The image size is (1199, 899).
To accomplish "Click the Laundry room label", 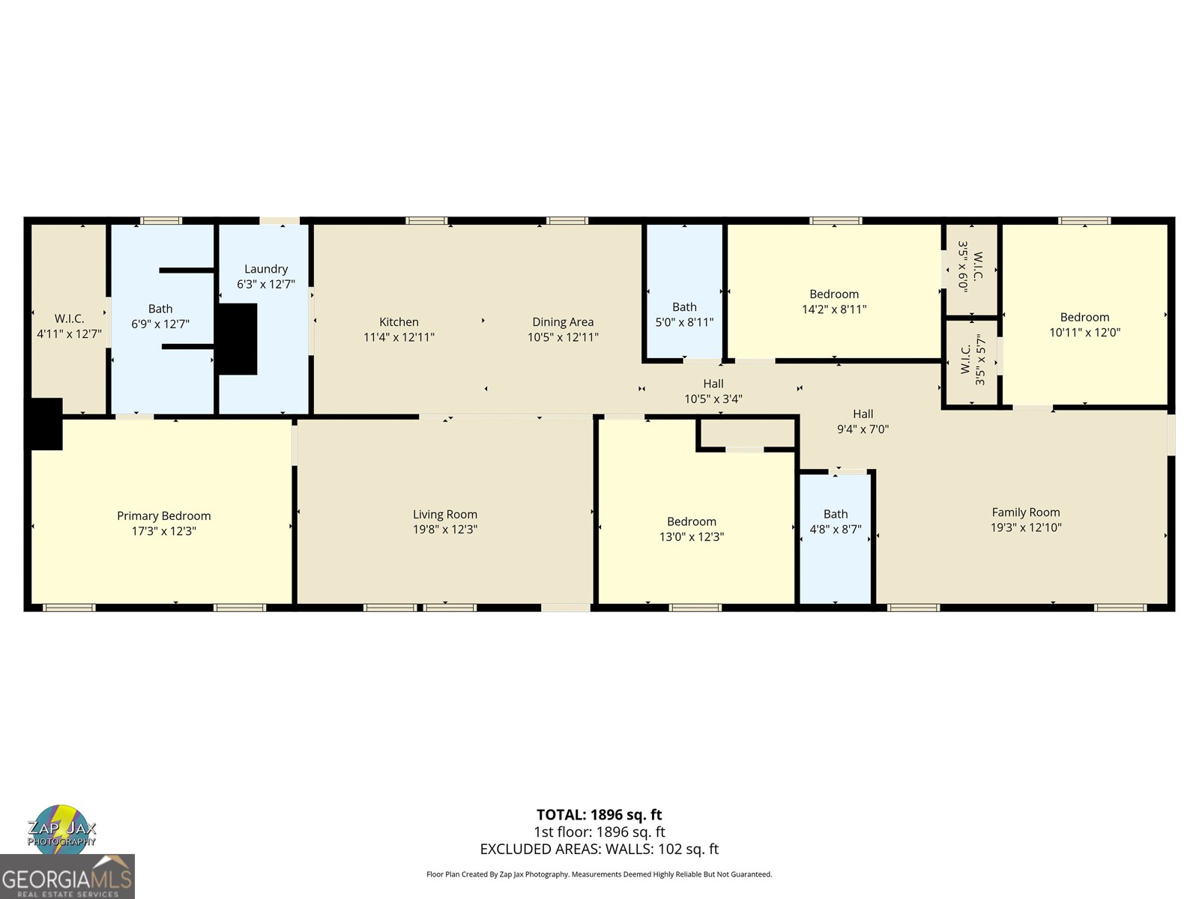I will (266, 269).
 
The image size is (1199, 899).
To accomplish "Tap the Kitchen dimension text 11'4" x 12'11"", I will (399, 338).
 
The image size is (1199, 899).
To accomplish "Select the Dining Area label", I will (563, 322).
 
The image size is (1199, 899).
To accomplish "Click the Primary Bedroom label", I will (163, 515).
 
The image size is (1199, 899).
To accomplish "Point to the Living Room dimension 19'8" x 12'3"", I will (445, 530).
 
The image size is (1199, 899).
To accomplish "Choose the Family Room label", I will (1025, 512).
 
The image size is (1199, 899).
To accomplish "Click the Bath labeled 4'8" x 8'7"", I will (836, 521).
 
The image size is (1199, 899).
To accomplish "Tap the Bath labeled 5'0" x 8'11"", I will (684, 314).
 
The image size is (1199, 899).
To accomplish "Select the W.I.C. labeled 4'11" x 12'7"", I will (69, 326).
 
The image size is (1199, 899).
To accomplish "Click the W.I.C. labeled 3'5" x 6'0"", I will (971, 267).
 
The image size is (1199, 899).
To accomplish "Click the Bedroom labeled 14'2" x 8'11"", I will (834, 301).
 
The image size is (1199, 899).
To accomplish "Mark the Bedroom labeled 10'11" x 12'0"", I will (1084, 324).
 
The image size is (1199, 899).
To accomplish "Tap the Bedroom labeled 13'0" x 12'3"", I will (691, 529).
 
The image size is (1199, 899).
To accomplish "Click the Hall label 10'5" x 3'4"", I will (713, 391).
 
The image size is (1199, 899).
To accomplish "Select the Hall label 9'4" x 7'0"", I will (863, 421).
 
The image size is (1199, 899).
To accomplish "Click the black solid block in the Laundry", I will (238, 339).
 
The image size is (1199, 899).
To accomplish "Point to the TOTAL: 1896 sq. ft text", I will (599, 814).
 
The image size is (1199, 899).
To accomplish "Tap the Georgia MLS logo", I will (67, 877).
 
